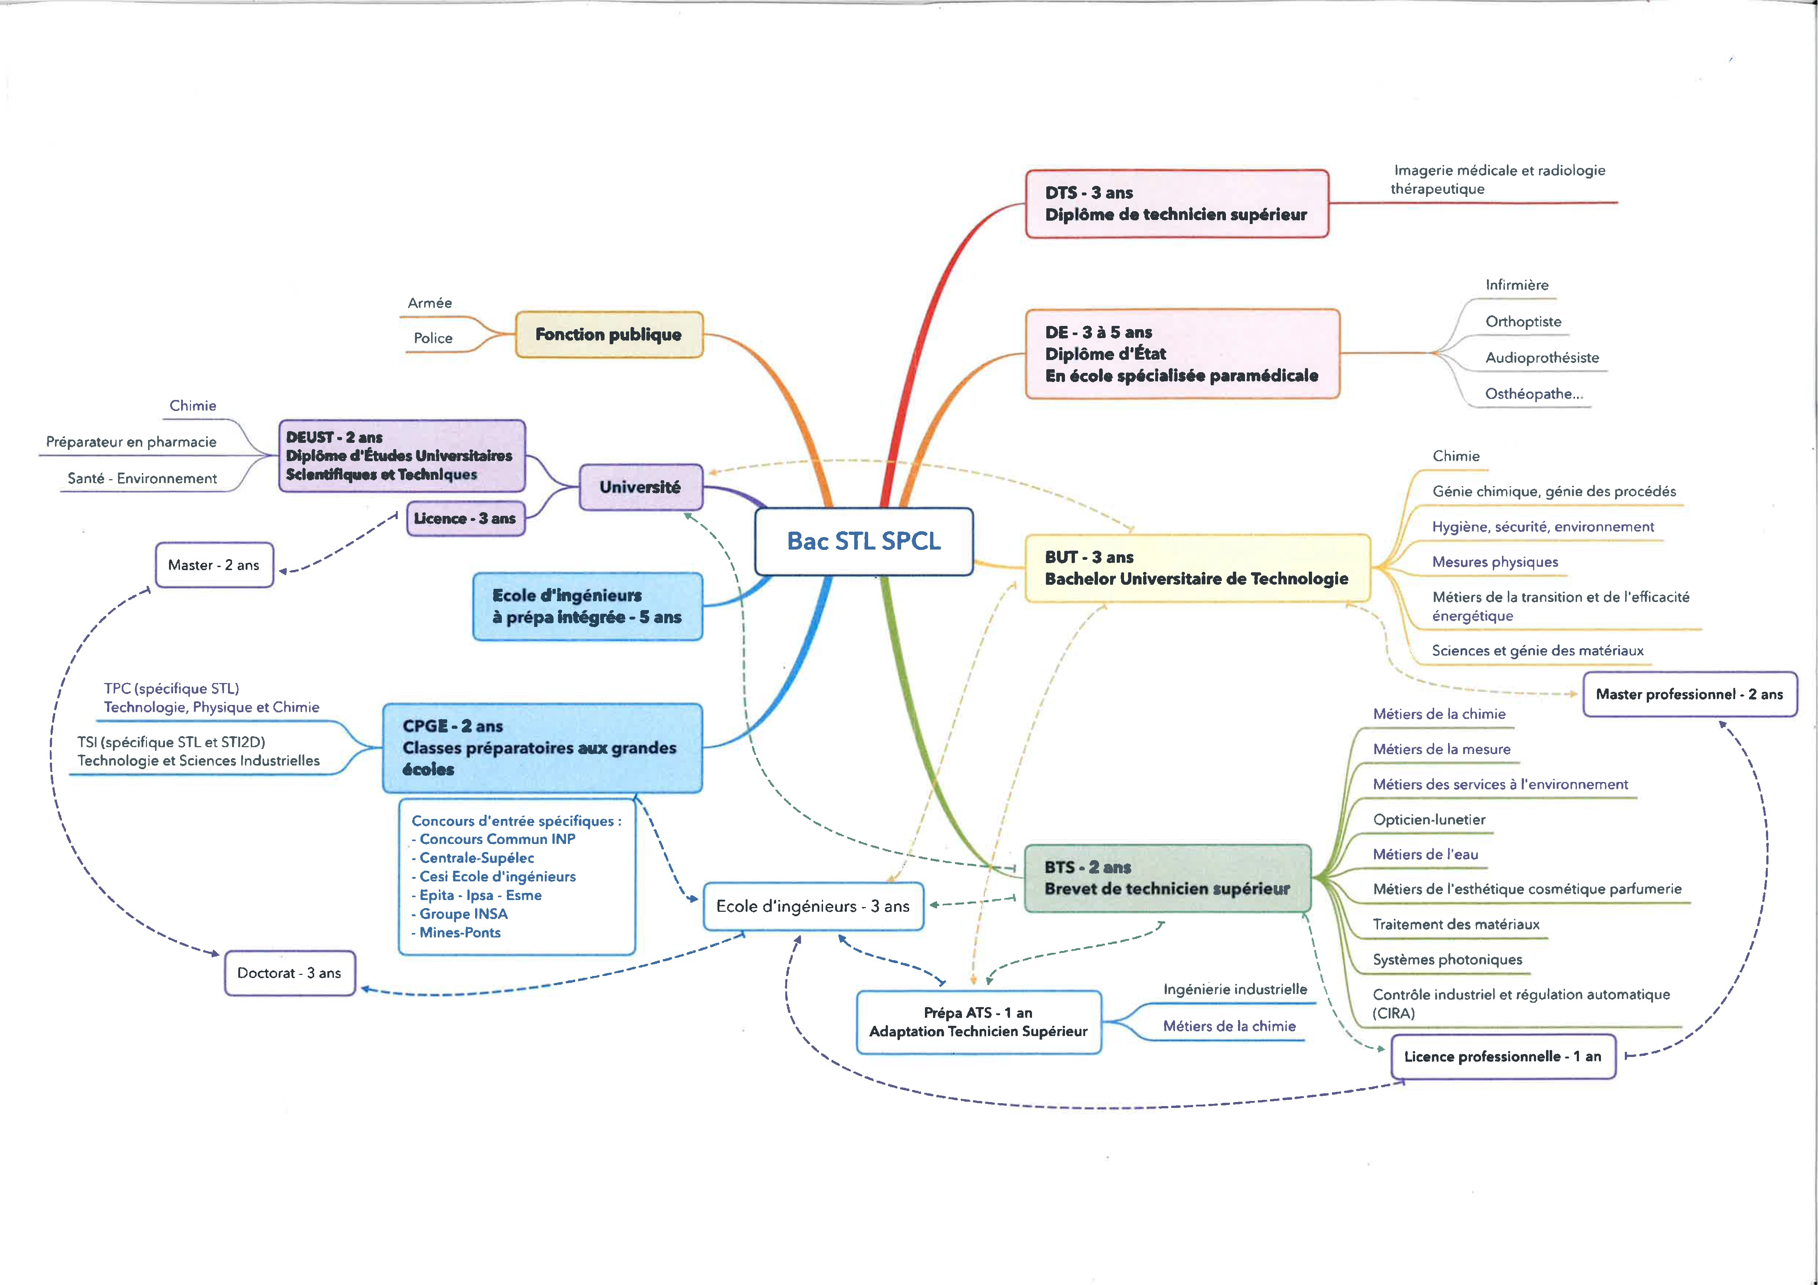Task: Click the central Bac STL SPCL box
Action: pos(864,541)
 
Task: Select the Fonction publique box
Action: pos(609,334)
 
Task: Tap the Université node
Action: pos(640,487)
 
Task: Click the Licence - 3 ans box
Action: pos(466,519)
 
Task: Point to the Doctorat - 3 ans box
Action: pos(290,973)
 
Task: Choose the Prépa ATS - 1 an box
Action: pos(979,1022)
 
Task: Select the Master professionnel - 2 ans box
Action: pos(1690,694)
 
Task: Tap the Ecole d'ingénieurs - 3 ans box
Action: pos(813,907)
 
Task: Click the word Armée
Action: pos(430,303)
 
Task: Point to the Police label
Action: pos(433,338)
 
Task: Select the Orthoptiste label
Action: pos(1524,322)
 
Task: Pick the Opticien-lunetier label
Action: pos(1429,819)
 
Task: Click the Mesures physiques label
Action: pos(1495,562)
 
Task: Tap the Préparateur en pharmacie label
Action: pos(132,442)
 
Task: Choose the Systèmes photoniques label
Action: pos(1447,959)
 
